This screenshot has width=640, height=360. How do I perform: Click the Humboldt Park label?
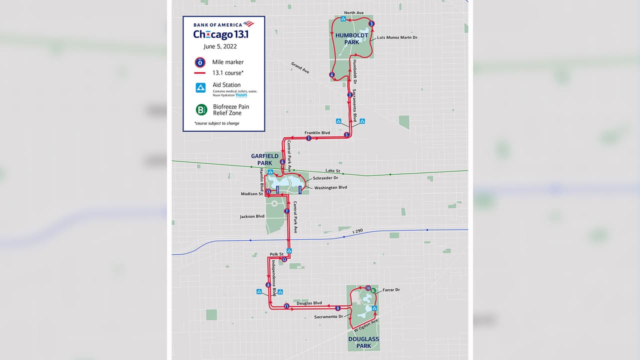point(352,38)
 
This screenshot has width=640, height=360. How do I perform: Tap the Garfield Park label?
point(264,159)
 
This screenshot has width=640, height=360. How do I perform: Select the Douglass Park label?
point(363,342)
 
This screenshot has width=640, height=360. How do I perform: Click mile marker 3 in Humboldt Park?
point(371,24)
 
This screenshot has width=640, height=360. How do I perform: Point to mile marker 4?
point(332,75)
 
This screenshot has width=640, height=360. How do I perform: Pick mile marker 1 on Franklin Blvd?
point(308,138)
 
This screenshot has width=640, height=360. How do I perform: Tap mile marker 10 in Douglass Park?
point(368,288)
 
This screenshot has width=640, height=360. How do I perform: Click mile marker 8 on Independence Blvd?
point(268,285)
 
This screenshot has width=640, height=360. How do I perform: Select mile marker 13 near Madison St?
point(268,191)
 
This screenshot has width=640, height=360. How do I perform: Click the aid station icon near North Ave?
point(343,19)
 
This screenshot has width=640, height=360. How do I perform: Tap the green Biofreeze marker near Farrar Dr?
point(373,291)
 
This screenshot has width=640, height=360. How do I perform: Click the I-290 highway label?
point(358,230)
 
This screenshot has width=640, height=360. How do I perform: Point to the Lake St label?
point(332,171)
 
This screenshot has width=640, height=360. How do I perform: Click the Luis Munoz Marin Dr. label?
point(397,37)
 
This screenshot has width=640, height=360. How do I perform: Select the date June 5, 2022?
point(220,46)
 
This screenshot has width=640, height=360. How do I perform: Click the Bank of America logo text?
point(218,24)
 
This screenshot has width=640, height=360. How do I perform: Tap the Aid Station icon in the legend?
point(200,88)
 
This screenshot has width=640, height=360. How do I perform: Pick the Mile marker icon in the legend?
point(200,62)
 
